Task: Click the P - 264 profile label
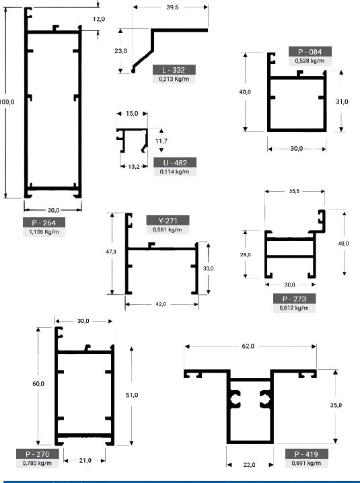pyautogui.click(x=44, y=223)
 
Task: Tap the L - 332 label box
pyautogui.click(x=174, y=70)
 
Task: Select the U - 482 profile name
pyautogui.click(x=175, y=163)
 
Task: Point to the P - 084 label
pyautogui.click(x=310, y=52)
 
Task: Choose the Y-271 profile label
pyautogui.click(x=168, y=221)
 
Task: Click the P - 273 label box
pyautogui.click(x=294, y=299)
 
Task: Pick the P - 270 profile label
pyautogui.click(x=37, y=454)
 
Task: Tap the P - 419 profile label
pyautogui.click(x=306, y=454)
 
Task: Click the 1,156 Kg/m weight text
pyautogui.click(x=44, y=232)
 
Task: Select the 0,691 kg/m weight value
pyautogui.click(x=306, y=463)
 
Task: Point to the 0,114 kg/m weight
pyautogui.click(x=175, y=172)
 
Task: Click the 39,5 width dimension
pyautogui.click(x=172, y=7)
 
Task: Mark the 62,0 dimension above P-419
pyautogui.click(x=248, y=346)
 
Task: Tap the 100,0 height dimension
pyautogui.click(x=7, y=102)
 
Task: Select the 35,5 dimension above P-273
pyautogui.click(x=294, y=191)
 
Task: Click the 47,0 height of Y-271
pyautogui.click(x=111, y=252)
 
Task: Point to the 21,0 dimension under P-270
pyautogui.click(x=85, y=461)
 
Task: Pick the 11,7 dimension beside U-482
pyautogui.click(x=161, y=141)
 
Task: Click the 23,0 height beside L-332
pyautogui.click(x=120, y=51)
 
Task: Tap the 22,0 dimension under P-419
pyautogui.click(x=249, y=465)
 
